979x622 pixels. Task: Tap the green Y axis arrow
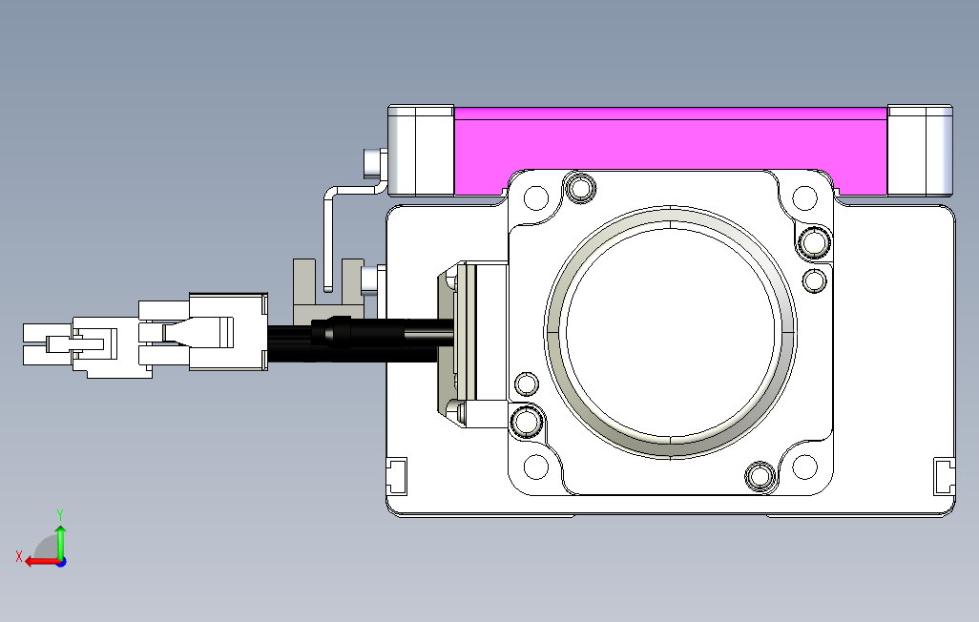[60, 542]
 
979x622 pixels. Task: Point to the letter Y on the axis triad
[60, 515]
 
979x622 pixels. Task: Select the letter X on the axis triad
[19, 556]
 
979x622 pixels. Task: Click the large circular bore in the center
[670, 332]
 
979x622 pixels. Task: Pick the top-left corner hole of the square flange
[535, 197]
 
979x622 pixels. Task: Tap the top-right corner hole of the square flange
[804, 197]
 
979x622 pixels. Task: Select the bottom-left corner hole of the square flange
[535, 466]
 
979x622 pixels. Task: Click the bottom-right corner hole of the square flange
[804, 466]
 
